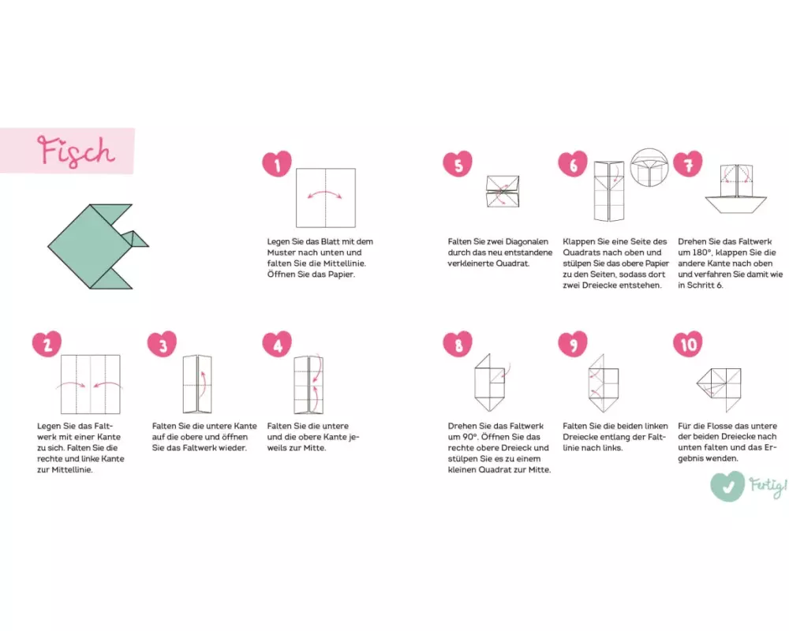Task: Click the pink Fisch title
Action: coord(76,151)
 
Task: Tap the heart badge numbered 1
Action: coord(277,163)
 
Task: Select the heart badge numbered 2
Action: coord(47,344)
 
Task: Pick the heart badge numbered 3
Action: coord(162,344)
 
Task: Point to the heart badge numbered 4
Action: coord(277,344)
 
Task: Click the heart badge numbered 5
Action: coord(458,163)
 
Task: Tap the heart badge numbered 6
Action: coord(573,163)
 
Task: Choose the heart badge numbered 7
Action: coord(688,163)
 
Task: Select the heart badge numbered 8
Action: coord(458,344)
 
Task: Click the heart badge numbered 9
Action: coord(573,344)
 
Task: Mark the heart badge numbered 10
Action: coord(688,344)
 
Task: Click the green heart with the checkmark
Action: coord(727,486)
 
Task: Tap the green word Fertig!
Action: coord(768,486)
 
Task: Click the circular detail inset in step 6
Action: coord(649,167)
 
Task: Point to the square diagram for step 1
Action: coord(326,198)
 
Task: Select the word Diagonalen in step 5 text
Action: coord(525,241)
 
